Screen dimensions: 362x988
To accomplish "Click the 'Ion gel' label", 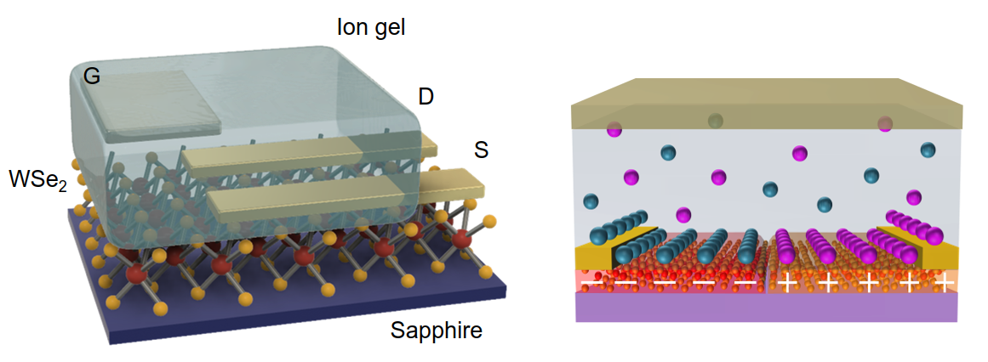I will click(x=370, y=27).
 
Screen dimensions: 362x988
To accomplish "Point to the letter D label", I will click(x=425, y=97).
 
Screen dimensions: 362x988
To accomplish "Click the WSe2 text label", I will click(x=37, y=181).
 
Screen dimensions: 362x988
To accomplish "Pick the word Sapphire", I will click(x=436, y=330).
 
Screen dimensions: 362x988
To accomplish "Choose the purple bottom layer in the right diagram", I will click(x=766, y=307).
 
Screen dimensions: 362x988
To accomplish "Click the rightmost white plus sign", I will click(x=943, y=280).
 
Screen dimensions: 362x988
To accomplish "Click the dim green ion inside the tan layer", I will click(x=716, y=121).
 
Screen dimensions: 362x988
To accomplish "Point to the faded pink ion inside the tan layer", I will click(x=886, y=124).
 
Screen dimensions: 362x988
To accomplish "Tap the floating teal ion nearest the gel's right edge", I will click(x=928, y=150).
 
